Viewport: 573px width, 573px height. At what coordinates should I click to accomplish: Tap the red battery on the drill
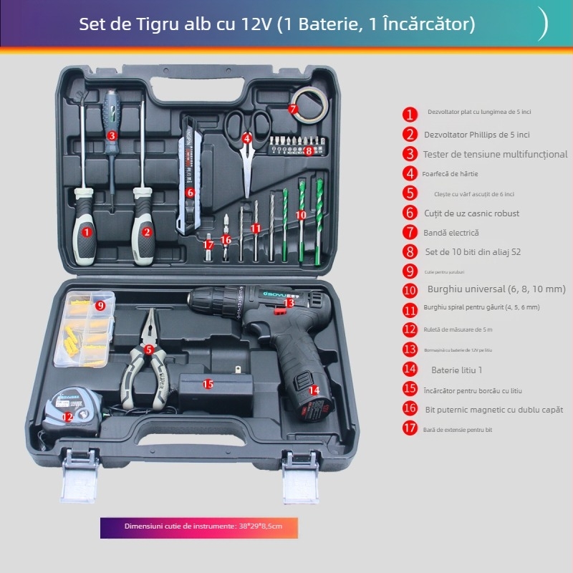pyautogui.click(x=313, y=398)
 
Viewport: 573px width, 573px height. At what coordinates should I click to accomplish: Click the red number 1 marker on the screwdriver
pyautogui.click(x=87, y=231)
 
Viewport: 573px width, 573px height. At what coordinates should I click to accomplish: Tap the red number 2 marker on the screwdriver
pyautogui.click(x=147, y=231)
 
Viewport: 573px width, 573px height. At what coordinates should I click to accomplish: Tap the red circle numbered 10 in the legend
pyautogui.click(x=410, y=290)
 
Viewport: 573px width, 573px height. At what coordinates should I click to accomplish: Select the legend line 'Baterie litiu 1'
pyautogui.click(x=456, y=370)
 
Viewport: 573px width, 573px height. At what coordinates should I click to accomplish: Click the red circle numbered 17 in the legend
pyautogui.click(x=410, y=429)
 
